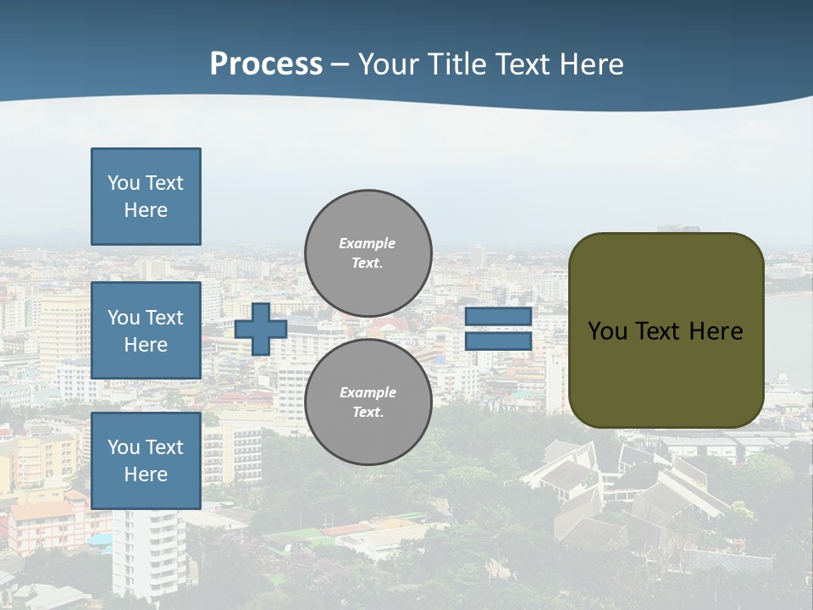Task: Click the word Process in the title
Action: [266, 64]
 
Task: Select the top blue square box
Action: [146, 197]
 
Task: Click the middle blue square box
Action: [146, 330]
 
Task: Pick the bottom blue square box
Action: [146, 461]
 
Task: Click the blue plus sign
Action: [261, 329]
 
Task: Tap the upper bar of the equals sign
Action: [498, 316]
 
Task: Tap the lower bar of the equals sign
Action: [498, 341]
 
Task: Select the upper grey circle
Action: [368, 252]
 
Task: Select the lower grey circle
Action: [368, 402]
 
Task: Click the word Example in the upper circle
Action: [367, 243]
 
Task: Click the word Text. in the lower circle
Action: [368, 413]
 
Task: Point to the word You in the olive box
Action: [606, 331]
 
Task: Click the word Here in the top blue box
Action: [146, 210]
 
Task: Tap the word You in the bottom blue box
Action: [124, 447]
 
